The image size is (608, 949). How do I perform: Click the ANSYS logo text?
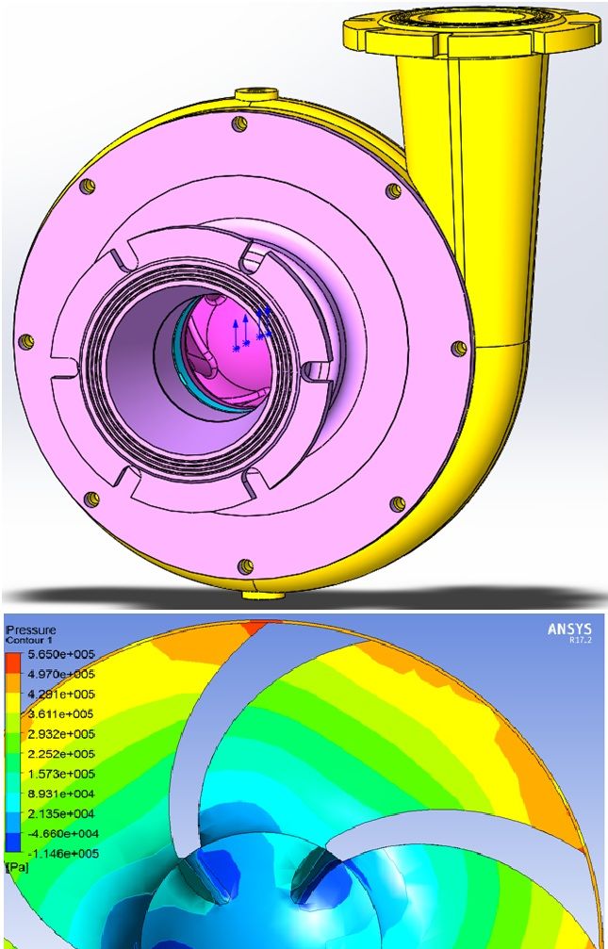tap(569, 630)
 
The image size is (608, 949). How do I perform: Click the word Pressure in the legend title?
tap(30, 630)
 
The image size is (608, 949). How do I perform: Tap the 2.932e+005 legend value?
tap(60, 734)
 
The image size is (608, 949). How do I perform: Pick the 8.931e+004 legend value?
tap(60, 794)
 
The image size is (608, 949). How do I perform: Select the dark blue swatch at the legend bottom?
tap(13, 844)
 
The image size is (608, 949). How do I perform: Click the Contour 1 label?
tap(25, 640)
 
